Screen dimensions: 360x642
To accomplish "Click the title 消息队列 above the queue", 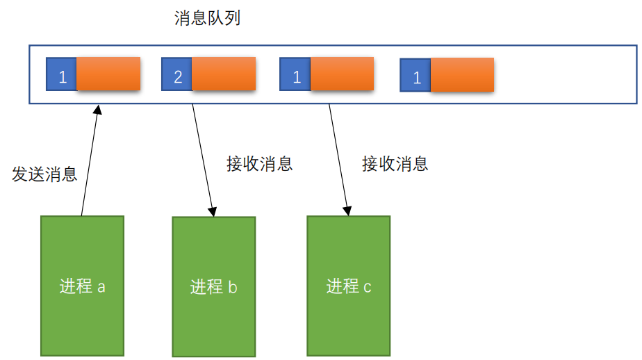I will pyautogui.click(x=207, y=18).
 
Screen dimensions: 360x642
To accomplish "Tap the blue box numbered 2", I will pyautogui.click(x=176, y=75).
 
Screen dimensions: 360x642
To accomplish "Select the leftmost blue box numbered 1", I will pyautogui.click(x=61, y=75).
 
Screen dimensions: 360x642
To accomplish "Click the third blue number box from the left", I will pyautogui.click(x=295, y=75).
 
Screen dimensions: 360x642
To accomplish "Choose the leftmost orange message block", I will pyautogui.click(x=108, y=74).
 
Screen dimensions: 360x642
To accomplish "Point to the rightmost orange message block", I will pyautogui.click(x=462, y=75).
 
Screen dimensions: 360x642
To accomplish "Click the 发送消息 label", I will pyautogui.click(x=44, y=174).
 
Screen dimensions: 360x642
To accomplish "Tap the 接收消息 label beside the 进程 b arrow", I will pyautogui.click(x=259, y=164).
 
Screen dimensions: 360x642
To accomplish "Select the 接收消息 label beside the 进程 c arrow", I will pyautogui.click(x=395, y=164).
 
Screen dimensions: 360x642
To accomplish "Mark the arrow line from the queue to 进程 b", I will pyautogui.click(x=203, y=156).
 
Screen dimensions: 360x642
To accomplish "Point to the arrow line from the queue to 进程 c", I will pyautogui.click(x=338, y=156).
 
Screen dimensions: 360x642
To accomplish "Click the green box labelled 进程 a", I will pyautogui.click(x=82, y=285).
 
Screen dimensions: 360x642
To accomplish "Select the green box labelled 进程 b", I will pyautogui.click(x=213, y=286).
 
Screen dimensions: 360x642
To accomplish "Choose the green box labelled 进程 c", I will pyautogui.click(x=348, y=285).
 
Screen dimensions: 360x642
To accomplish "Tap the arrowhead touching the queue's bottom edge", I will pyautogui.click(x=97, y=109).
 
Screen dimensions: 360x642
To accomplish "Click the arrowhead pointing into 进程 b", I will pyautogui.click(x=213, y=210).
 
